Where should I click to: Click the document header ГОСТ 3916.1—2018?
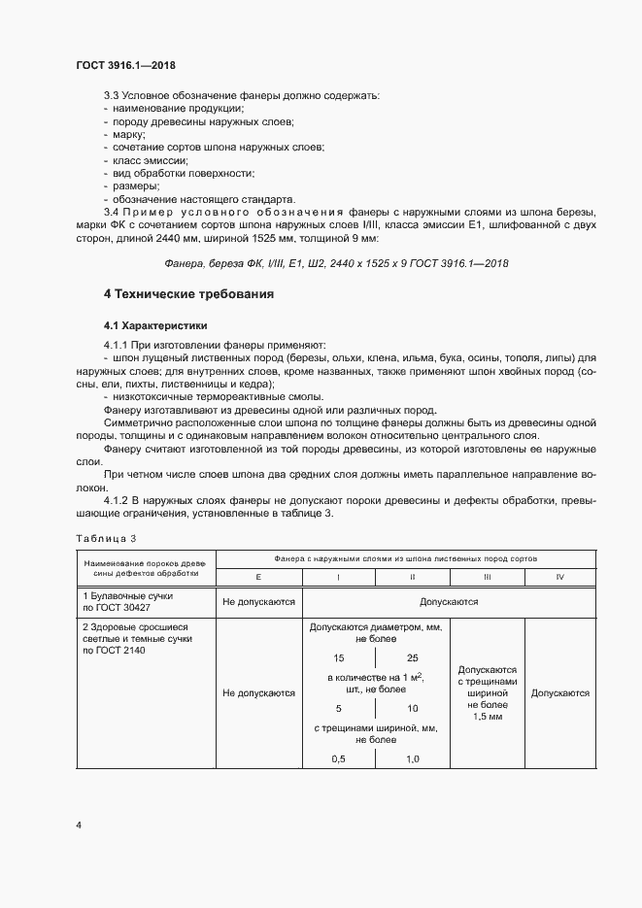point(125,65)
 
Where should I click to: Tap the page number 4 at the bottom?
point(79,824)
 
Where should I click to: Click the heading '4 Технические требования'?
point(188,293)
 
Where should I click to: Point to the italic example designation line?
point(337,262)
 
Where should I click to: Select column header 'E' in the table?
point(258,577)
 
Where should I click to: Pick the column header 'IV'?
point(559,577)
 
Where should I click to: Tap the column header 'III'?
point(488,577)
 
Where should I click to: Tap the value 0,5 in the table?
point(339,758)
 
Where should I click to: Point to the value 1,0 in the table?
point(412,758)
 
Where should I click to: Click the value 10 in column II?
point(412,708)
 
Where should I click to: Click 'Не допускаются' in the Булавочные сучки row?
point(258,602)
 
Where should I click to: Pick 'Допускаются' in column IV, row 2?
point(560,693)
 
